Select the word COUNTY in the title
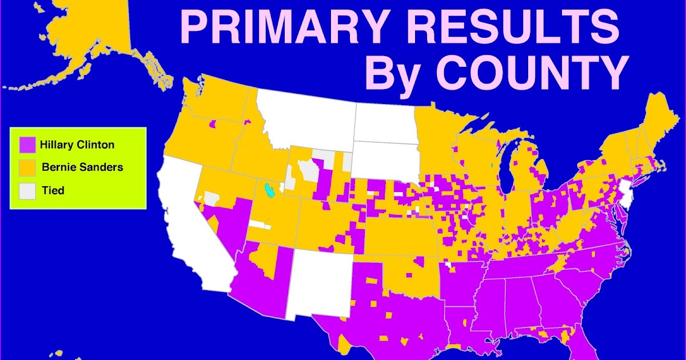click(532, 73)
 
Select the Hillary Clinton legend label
click(77, 145)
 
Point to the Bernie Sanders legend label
click(82, 167)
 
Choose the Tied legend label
click(53, 190)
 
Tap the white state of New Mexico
click(320, 280)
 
